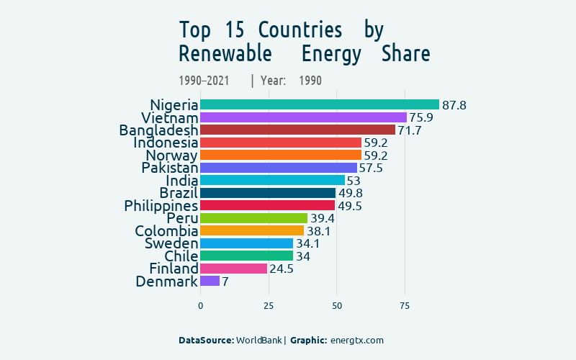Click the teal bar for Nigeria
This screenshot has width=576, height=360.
pyautogui.click(x=319, y=104)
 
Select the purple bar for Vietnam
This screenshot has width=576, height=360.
pyautogui.click(x=303, y=117)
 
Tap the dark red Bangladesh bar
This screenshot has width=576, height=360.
pyautogui.click(x=297, y=130)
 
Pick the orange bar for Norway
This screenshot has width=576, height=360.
pyautogui.click(x=280, y=155)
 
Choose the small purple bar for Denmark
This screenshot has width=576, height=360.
pyautogui.click(x=210, y=281)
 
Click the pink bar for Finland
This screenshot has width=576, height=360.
pyautogui.click(x=233, y=269)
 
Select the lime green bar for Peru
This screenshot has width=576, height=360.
pyautogui.click(x=253, y=218)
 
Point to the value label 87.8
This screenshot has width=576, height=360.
pyautogui.click(x=454, y=105)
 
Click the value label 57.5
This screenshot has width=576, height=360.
pyautogui.click(x=371, y=168)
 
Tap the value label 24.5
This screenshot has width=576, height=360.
pyautogui.click(x=282, y=269)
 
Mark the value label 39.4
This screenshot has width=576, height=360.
pyautogui.click(x=322, y=218)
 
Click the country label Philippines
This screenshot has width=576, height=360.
pyautogui.click(x=161, y=206)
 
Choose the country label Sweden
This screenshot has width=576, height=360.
pyautogui.click(x=171, y=243)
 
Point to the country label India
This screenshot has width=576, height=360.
pyautogui.click(x=181, y=180)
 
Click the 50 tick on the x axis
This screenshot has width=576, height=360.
pyautogui.click(x=336, y=306)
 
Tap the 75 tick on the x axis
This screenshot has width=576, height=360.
pyautogui.click(x=405, y=306)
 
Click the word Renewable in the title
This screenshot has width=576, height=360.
pyautogui.click(x=225, y=54)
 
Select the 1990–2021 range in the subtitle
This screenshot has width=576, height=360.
pyautogui.click(x=204, y=81)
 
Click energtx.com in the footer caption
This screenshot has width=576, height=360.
pyautogui.click(x=356, y=340)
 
